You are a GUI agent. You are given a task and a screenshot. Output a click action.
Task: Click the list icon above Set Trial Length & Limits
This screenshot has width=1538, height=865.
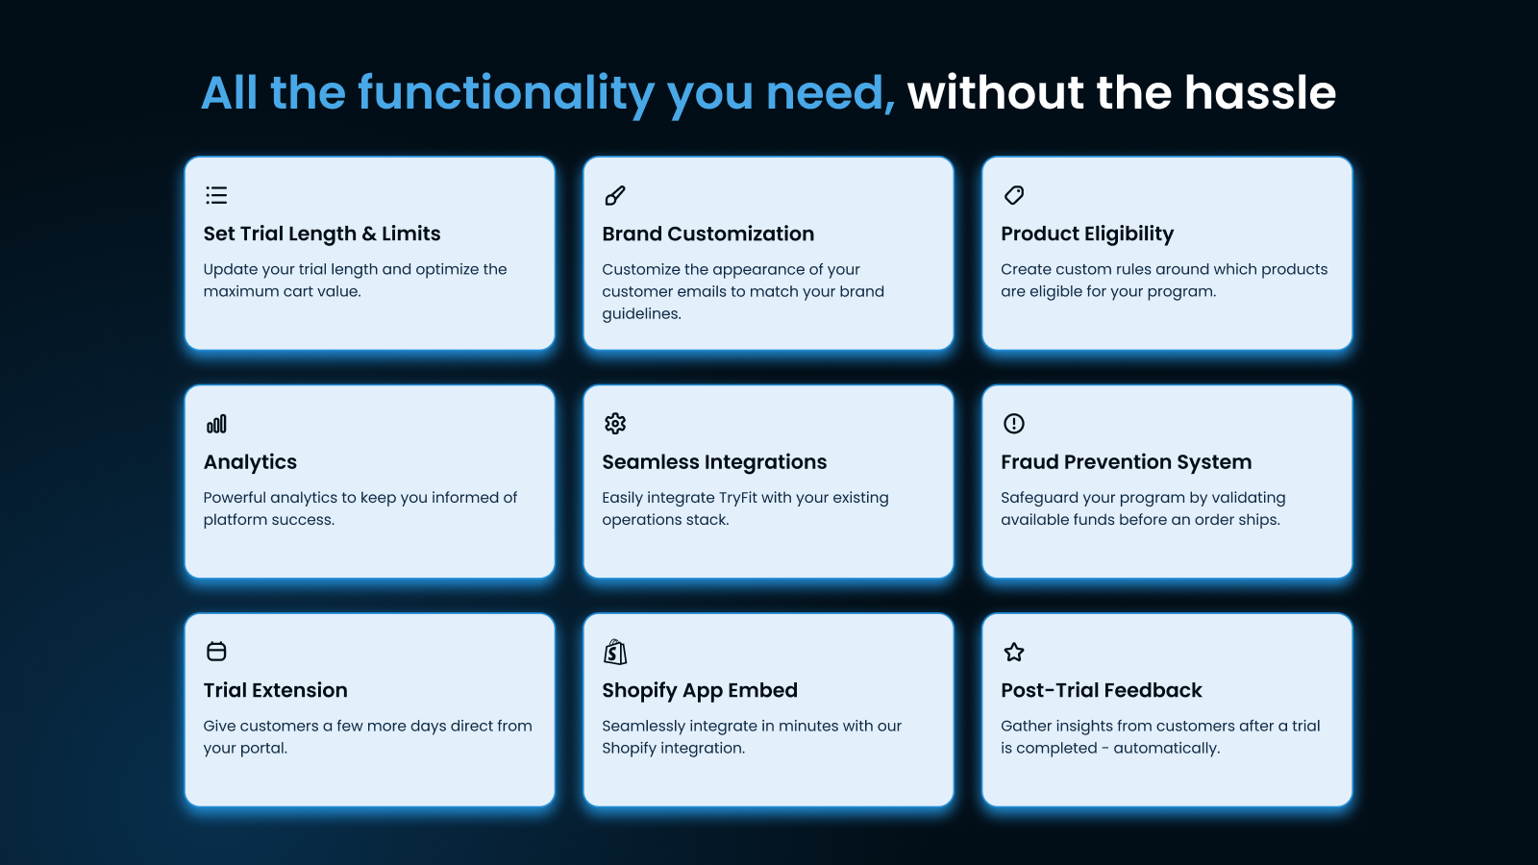pyautogui.click(x=216, y=196)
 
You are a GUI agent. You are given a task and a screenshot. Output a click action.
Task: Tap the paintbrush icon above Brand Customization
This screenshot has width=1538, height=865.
pyautogui.click(x=615, y=196)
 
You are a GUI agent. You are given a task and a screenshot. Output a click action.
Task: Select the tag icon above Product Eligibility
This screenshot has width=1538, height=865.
pyautogui.click(x=1014, y=196)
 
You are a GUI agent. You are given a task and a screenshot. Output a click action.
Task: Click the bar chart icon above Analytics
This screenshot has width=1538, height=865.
pyautogui.click(x=216, y=424)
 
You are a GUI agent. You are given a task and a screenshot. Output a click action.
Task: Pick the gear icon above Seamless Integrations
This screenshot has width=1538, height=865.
pyautogui.click(x=615, y=424)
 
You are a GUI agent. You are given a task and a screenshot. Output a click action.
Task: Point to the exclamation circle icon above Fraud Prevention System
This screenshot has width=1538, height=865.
pyautogui.click(x=1014, y=424)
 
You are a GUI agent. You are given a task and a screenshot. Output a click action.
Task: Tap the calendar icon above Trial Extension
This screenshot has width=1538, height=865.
pyautogui.click(x=216, y=652)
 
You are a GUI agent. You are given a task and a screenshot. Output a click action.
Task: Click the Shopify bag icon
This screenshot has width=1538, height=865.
pyautogui.click(x=615, y=653)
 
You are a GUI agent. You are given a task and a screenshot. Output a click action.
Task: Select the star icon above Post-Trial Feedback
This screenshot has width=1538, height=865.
pyautogui.click(x=1014, y=653)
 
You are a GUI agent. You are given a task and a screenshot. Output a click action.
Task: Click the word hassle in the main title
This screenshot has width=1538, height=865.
pyautogui.click(x=1260, y=93)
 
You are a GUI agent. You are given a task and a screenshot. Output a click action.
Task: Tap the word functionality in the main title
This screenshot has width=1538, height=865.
pyautogui.click(x=506, y=94)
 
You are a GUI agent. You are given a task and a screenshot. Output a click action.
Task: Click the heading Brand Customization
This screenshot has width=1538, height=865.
pyautogui.click(x=707, y=234)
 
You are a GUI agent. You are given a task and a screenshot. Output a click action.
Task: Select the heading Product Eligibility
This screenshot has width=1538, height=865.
pyautogui.click(x=1087, y=234)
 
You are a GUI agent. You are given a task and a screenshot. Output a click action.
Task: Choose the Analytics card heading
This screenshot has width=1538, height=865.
pyautogui.click(x=250, y=462)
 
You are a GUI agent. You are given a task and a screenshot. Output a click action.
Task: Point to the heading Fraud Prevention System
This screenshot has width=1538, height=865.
pyautogui.click(x=1126, y=462)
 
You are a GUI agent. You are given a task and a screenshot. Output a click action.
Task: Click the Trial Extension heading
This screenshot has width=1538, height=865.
pyautogui.click(x=275, y=690)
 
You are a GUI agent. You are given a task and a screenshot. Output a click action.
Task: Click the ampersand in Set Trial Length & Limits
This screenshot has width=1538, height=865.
pyautogui.click(x=369, y=234)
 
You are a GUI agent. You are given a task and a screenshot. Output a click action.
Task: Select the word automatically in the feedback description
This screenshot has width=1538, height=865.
pyautogui.click(x=1166, y=749)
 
